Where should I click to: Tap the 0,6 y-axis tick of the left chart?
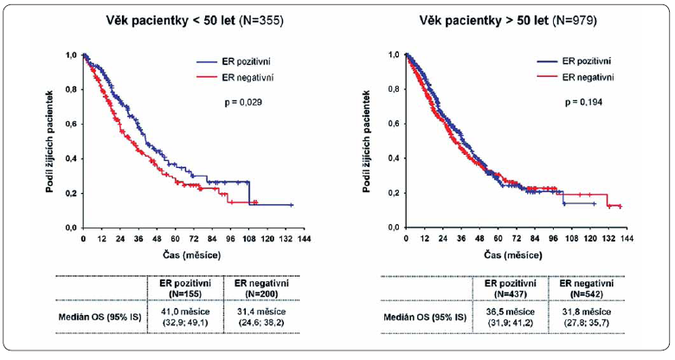point(69,124)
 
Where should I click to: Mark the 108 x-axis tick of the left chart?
point(249,238)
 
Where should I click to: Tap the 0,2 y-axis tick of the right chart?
point(394,193)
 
